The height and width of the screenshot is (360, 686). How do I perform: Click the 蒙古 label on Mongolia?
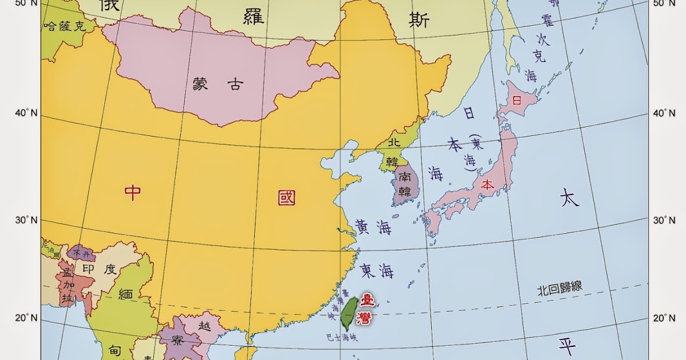click(x=218, y=85)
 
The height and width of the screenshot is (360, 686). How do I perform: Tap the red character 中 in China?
click(x=133, y=193)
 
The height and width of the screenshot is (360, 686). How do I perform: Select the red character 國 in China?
click(x=286, y=198)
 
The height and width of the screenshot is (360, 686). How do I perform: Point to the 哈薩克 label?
click(x=64, y=26)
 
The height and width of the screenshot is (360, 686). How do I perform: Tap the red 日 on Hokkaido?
click(x=517, y=101)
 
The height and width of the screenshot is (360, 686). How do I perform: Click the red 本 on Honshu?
click(x=487, y=185)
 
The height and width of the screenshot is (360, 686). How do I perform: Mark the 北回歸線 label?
click(x=559, y=287)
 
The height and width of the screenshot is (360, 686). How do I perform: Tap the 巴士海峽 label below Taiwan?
click(x=341, y=338)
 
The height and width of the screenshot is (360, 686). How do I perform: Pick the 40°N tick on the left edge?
click(x=26, y=113)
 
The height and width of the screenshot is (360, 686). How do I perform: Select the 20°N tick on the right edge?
click(x=664, y=318)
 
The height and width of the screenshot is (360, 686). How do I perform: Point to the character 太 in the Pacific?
click(x=569, y=198)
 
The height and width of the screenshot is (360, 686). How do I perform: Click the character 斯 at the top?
click(x=419, y=20)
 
